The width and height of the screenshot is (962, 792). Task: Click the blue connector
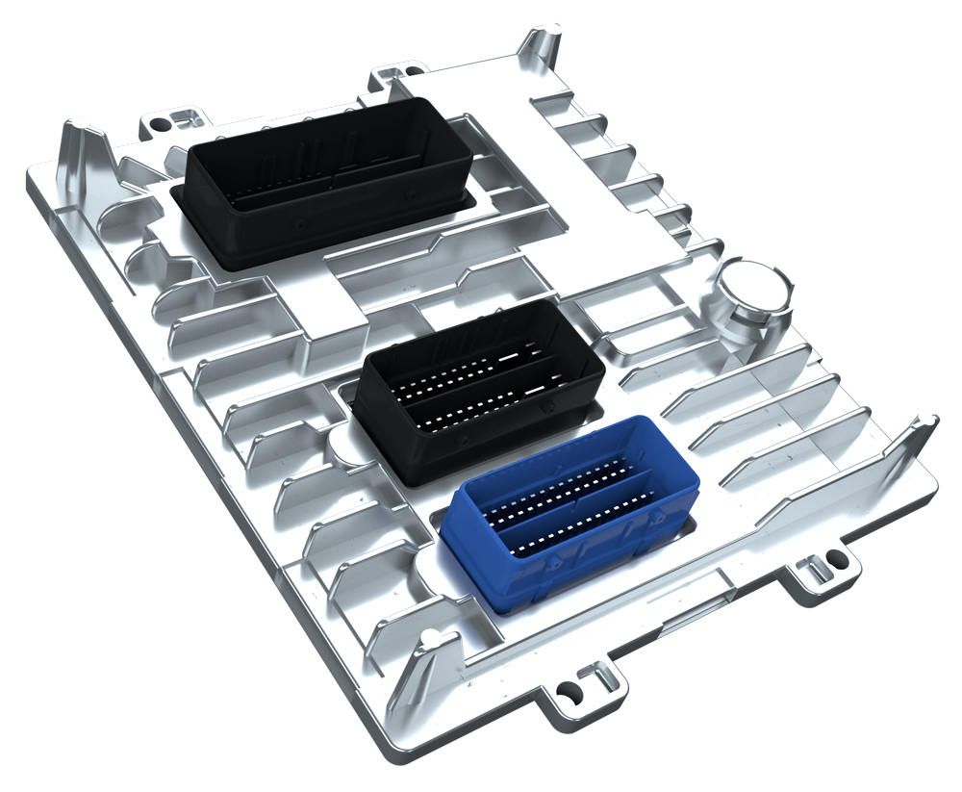568,515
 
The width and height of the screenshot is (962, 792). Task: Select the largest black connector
327,183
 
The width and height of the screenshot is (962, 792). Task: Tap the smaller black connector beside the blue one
476,390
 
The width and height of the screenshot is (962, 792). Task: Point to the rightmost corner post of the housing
922,423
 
